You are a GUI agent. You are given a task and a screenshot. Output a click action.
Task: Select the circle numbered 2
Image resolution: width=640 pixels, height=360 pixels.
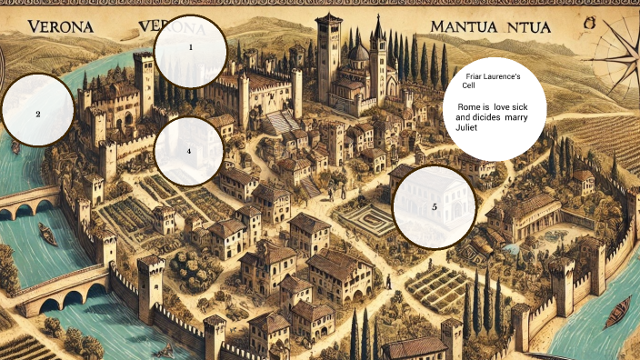[37, 115]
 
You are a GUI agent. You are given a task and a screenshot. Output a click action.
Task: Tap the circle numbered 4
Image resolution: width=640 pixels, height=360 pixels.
[189, 151]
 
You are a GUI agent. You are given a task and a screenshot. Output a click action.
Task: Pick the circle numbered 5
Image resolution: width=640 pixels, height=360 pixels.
[435, 206]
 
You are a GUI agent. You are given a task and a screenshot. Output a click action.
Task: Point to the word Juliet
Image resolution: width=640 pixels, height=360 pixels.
[466, 128]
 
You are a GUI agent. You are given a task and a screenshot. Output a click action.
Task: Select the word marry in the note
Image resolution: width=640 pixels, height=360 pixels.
[522, 118]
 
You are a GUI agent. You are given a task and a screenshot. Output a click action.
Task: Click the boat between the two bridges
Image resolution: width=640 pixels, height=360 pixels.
[46, 235]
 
